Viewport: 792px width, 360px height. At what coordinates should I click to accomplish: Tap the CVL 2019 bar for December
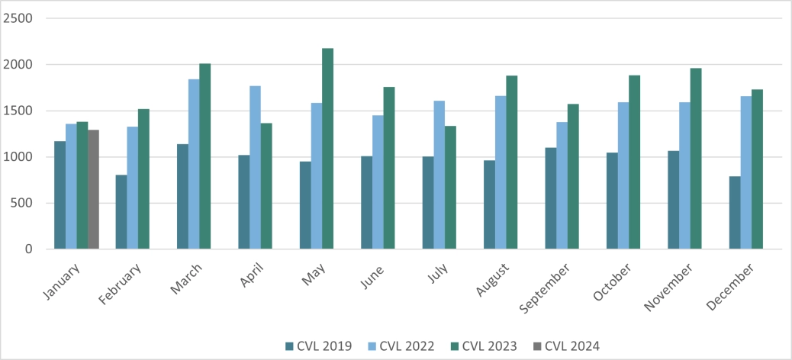pyautogui.click(x=734, y=213)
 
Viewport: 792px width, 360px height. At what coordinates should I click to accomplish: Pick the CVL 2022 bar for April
pyautogui.click(x=255, y=168)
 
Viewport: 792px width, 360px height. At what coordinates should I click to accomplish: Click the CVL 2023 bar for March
pyautogui.click(x=204, y=156)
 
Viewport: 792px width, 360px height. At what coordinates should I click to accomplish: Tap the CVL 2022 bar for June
pyautogui.click(x=378, y=182)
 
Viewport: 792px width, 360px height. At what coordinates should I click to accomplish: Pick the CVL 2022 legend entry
pyautogui.click(x=401, y=346)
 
